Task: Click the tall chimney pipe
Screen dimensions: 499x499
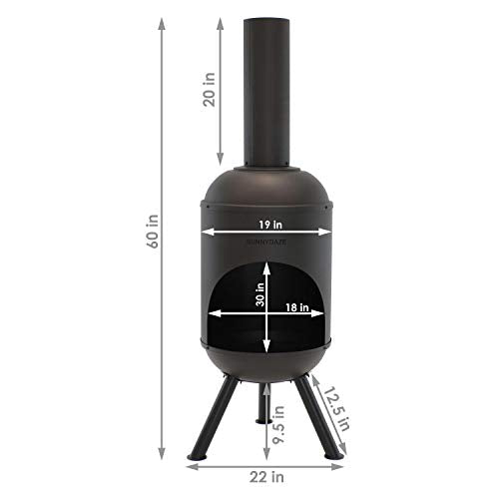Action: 267,90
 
